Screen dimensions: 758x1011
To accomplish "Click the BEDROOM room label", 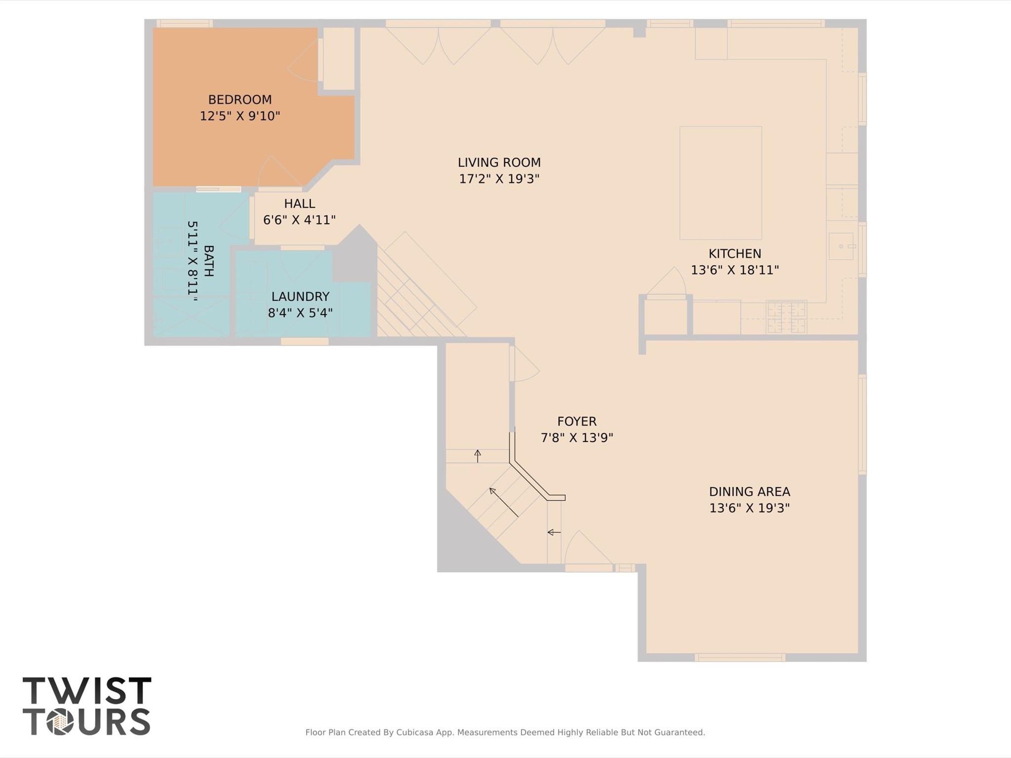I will (x=240, y=100).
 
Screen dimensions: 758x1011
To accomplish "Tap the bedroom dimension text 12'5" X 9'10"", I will (x=240, y=116).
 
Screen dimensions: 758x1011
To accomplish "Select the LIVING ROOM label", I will (x=499, y=162).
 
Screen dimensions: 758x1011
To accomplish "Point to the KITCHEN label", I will (x=734, y=254).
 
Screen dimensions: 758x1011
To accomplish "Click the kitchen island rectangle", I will (x=720, y=183).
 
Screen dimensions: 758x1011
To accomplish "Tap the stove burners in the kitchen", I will (x=786, y=317).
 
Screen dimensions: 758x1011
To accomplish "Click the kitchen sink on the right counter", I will (x=841, y=246).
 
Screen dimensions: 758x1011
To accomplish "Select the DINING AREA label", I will (x=749, y=492).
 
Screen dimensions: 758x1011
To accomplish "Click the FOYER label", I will (x=576, y=421).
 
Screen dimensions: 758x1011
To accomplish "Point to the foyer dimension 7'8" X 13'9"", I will (x=576, y=438).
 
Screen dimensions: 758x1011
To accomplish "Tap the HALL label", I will (x=299, y=203).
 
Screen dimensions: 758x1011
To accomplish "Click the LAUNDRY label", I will (x=300, y=296).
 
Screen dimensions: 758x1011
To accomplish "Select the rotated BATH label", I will (x=208, y=261).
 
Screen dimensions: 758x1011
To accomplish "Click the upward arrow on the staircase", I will (x=478, y=455).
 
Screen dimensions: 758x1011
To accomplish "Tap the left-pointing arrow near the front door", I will (x=554, y=532).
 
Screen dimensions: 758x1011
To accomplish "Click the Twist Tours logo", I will (x=86, y=706).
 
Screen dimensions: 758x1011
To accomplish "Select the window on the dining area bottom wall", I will (x=739, y=657).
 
